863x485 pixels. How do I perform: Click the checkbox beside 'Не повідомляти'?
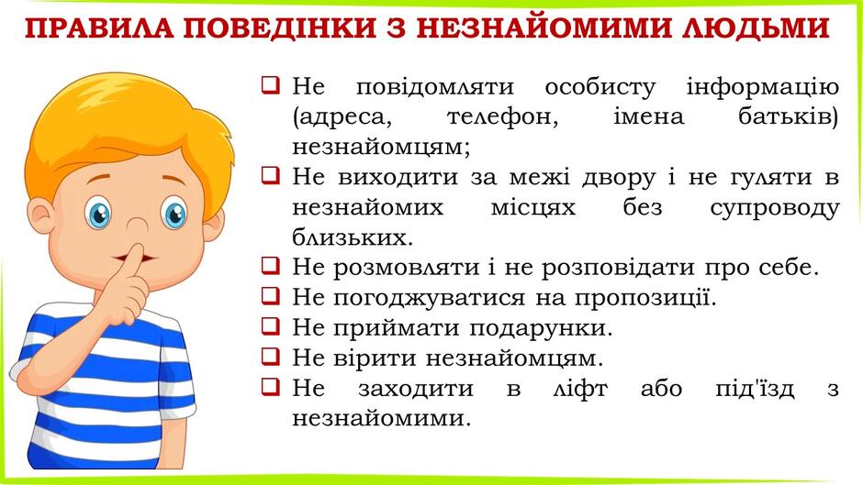tap(270, 86)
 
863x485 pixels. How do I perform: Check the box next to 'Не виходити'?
tap(270, 176)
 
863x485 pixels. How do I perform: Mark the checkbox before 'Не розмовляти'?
tap(270, 266)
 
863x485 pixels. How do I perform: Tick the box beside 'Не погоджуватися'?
tap(270, 296)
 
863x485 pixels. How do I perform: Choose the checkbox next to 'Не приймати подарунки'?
tap(270, 326)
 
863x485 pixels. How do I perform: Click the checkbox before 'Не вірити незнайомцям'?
tap(270, 357)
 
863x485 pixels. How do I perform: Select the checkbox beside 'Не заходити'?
tap(270, 387)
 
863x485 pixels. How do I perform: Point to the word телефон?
tap(502, 117)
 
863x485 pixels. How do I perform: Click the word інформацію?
tap(762, 87)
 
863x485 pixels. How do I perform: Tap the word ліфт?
tap(579, 389)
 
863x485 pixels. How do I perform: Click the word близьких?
tap(353, 237)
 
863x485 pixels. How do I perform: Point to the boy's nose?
tap(138, 225)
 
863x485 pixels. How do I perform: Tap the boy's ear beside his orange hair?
tap(41, 216)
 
